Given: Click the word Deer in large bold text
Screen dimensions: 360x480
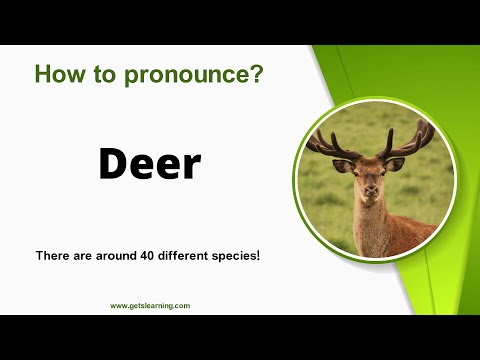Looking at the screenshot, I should [149, 163].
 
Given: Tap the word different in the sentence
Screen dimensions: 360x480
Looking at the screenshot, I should [176, 256].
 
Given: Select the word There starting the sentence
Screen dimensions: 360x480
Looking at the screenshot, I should [51, 256].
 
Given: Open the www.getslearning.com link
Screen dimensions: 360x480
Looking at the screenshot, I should [150, 305].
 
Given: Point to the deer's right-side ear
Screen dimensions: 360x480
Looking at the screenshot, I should [397, 163].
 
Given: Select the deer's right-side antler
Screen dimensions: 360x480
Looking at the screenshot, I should [410, 140].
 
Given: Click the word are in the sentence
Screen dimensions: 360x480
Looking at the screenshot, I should [79, 256].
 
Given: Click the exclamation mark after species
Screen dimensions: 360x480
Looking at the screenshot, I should [258, 256].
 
